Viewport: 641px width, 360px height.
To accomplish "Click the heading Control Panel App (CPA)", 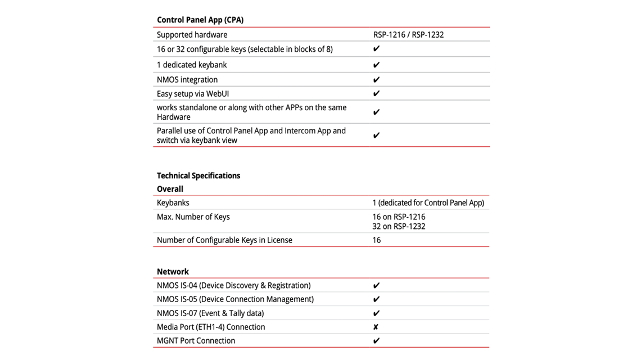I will point(200,20).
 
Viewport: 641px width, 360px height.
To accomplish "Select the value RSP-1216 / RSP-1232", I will point(408,35).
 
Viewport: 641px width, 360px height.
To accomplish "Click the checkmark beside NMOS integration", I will point(377,80).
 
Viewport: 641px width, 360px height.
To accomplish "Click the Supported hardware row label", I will point(192,35).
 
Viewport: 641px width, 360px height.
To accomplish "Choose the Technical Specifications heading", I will point(198,175).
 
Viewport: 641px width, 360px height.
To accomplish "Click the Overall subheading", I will point(170,189).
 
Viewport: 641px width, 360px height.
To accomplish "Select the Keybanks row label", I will point(173,202).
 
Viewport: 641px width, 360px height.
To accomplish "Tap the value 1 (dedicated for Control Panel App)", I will point(428,202).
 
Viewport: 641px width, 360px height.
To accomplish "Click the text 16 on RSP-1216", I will point(399,217).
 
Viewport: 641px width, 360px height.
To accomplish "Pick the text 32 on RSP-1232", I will point(399,227).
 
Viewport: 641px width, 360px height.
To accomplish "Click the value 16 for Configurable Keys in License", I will point(376,240).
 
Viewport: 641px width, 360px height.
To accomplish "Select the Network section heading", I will point(173,272).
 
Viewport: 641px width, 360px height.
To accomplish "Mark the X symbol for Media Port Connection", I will point(376,327).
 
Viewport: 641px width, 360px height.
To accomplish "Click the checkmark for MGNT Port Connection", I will point(377,341).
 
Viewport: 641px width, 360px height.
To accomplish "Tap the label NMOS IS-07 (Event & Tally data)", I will point(210,313).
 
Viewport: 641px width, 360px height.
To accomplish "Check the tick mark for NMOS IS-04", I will point(377,286).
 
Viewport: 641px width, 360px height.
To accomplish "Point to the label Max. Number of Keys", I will point(193,217).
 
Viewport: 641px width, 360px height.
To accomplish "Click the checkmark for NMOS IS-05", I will point(377,300).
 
